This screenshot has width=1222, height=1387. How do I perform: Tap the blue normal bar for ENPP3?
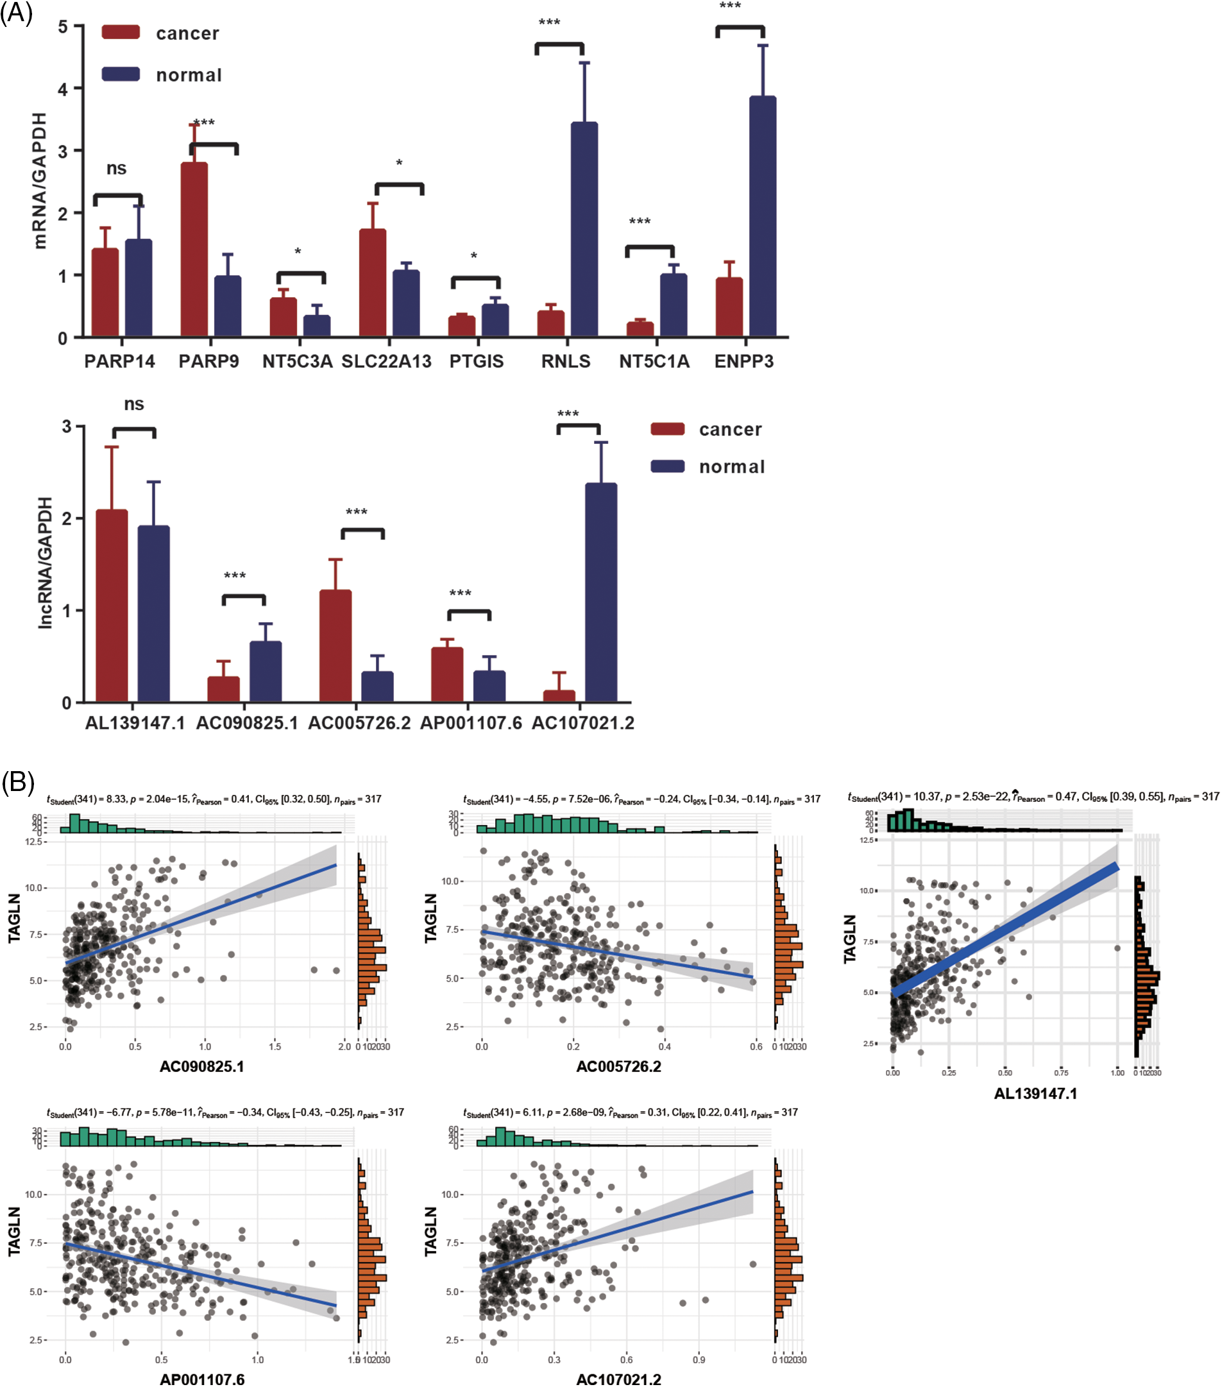pos(762,216)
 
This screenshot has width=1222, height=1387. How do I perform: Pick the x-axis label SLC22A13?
pos(386,362)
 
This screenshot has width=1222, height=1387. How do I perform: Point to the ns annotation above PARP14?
pos(117,168)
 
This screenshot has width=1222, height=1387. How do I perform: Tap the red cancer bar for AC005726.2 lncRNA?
pos(335,645)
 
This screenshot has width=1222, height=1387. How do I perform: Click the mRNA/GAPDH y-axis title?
pos(40,180)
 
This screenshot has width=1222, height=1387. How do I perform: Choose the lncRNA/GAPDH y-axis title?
pos(45,563)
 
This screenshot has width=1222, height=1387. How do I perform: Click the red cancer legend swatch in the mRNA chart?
pos(121,33)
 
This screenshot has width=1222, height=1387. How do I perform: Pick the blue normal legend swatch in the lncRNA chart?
pos(667,466)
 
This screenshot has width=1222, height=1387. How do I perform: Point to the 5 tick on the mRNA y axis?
pos(62,26)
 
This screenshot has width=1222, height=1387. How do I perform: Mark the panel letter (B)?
pos(18,783)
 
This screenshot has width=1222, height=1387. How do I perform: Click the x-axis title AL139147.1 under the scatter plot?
pos(1035,1093)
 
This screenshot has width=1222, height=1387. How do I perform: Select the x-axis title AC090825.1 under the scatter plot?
pos(201,1066)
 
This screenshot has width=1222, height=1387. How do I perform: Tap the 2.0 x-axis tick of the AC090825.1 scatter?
pos(344,1046)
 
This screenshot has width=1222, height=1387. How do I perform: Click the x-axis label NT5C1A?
pos(654,362)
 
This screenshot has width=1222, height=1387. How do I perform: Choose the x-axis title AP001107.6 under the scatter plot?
pos(202,1378)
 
